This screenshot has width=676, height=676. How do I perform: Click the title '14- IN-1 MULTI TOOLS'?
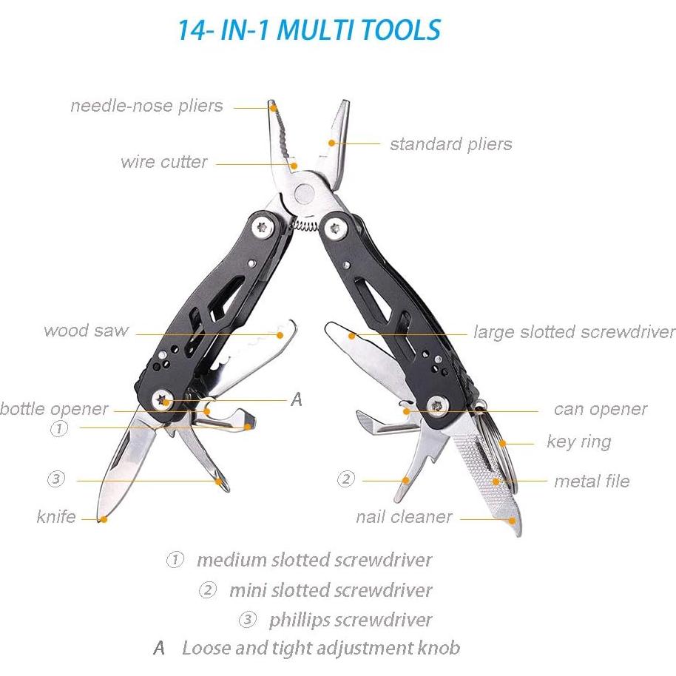click(x=308, y=30)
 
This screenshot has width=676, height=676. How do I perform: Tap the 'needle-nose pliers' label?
click(x=146, y=106)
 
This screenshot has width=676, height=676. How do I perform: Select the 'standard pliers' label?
click(x=450, y=143)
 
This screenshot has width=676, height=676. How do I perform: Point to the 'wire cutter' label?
click(x=164, y=162)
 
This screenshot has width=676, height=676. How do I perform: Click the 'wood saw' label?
click(x=86, y=331)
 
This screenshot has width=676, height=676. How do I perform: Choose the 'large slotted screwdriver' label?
click(x=574, y=332)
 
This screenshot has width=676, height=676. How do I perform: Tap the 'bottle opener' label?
click(x=54, y=409)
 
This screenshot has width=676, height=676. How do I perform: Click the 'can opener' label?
click(x=600, y=409)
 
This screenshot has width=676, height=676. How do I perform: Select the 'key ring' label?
click(x=578, y=442)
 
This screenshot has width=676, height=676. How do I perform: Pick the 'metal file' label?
click(x=592, y=481)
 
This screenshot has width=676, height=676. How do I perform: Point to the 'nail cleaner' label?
click(x=403, y=517)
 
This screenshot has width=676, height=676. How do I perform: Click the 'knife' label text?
click(x=56, y=516)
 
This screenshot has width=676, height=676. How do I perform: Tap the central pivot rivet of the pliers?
click(x=305, y=194)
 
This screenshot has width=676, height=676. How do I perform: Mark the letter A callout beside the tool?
click(x=297, y=400)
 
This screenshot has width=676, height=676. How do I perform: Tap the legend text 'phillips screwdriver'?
click(x=350, y=619)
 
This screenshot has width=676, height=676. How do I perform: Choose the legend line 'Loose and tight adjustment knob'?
click(x=320, y=649)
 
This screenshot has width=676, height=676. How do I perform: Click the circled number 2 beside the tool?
click(x=346, y=479)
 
